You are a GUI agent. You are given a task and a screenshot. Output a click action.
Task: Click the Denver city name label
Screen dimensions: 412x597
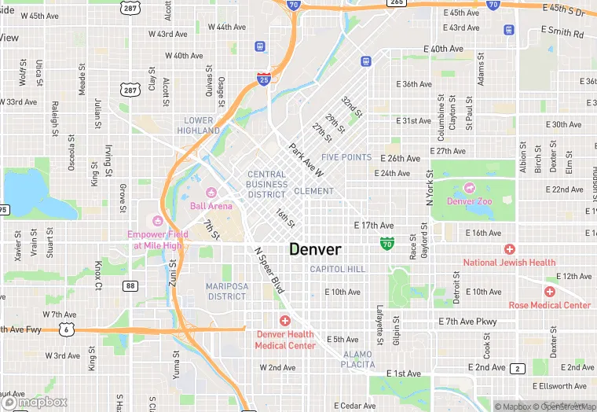pos(315,249)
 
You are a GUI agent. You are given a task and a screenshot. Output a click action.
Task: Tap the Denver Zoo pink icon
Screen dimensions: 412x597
pos(470,188)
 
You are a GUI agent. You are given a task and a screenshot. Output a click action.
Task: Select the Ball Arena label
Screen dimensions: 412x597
pos(211,206)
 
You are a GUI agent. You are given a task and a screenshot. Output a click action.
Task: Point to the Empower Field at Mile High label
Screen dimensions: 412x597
pos(158,239)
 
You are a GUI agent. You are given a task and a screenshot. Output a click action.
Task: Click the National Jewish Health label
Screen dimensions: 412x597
pos(509,262)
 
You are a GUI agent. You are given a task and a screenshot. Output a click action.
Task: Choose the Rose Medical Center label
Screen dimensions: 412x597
pos(549,305)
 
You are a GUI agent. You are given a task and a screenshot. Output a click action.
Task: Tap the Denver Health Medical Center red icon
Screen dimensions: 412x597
pos(284,321)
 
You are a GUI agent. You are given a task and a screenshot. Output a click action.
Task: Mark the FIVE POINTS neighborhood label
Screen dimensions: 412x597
pos(346,157)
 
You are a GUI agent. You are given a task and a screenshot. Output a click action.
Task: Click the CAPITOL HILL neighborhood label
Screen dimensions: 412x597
pos(337,269)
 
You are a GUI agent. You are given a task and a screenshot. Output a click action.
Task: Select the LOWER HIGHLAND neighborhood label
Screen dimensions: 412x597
pos(199,126)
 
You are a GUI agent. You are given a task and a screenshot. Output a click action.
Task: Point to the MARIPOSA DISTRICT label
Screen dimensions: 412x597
pos(227,291)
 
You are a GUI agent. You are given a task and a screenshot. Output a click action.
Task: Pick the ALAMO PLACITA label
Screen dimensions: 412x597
pos(357,359)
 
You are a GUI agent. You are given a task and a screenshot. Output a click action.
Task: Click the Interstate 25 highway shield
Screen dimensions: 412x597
pos(264,79)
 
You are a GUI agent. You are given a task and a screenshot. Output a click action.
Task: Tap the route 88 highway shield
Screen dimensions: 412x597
pos(130,285)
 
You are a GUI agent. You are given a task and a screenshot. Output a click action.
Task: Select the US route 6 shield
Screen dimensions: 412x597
pos(69,329)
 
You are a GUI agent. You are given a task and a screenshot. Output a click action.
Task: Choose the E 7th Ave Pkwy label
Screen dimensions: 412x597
pos(467,322)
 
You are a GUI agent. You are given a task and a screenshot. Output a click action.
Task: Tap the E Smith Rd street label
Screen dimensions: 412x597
pos(562,32)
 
